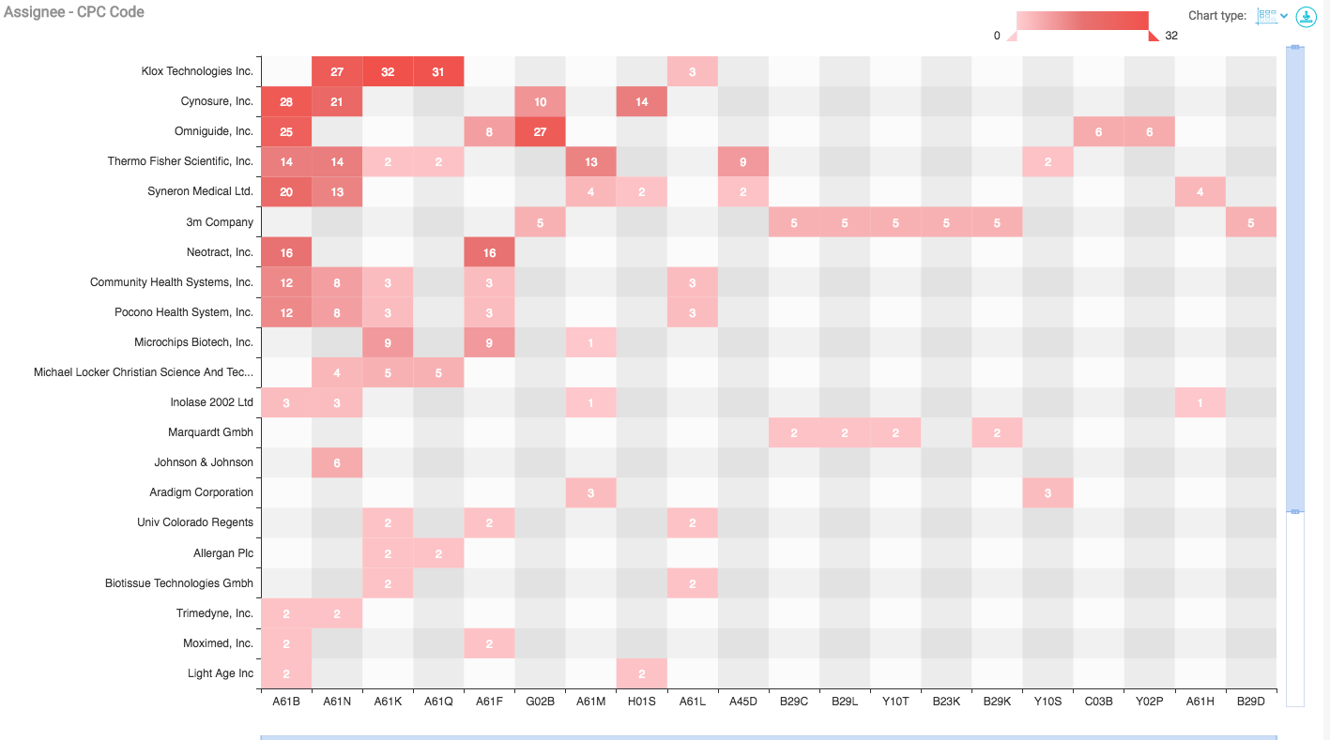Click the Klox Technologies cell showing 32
coord(388,72)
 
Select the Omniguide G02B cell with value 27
coord(540,132)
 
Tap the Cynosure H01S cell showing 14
coord(641,102)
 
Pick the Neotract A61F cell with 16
coord(489,252)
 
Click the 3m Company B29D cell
coord(1251,222)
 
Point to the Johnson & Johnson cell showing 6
coord(337,462)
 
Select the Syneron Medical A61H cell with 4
coord(1200,192)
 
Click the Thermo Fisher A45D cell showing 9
coord(742,162)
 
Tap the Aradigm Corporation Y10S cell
coord(1047,492)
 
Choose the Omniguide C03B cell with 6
coord(1098,132)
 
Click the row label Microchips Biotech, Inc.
coord(193,342)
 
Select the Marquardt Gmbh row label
coord(210,432)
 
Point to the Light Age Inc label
coord(220,672)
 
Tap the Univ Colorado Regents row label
coord(195,522)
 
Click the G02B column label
coord(540,701)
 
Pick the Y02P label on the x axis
coord(1149,701)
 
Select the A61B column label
coord(285,701)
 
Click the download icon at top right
coord(1306,17)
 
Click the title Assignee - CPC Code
coord(74,12)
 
